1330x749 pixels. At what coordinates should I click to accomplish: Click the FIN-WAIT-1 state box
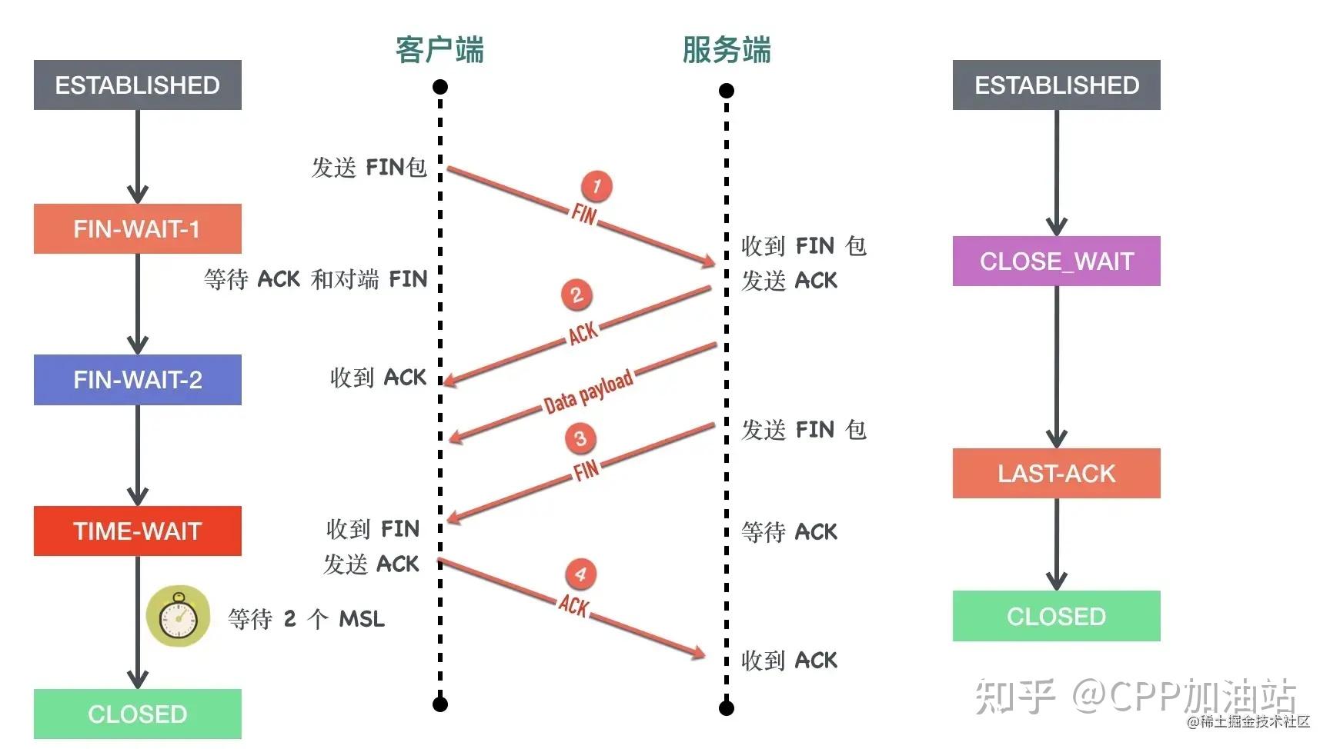138,228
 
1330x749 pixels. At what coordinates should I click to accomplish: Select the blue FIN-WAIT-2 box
138,380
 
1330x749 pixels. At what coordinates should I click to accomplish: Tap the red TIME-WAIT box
138,531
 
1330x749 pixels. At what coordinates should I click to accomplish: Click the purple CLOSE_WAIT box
1056,261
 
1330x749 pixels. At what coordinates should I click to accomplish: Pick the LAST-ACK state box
1056,474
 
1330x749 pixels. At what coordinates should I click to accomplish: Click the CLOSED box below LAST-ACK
1056,616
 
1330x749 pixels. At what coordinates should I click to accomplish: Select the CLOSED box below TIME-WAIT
138,714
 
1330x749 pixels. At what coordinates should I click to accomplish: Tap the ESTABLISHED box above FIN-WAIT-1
138,85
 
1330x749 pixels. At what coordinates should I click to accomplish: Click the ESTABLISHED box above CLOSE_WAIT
1056,85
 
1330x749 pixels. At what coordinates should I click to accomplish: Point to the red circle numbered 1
596,185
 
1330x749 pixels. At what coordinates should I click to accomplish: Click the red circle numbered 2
576,295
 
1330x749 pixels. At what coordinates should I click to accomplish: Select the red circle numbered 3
580,438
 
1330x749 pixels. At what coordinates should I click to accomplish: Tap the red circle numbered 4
581,574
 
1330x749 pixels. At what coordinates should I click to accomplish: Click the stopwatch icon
179,616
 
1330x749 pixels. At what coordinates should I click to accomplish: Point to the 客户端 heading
439,50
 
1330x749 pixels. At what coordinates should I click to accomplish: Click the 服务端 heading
727,50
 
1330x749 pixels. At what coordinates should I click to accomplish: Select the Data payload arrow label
589,391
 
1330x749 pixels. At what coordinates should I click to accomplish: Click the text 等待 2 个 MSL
306,618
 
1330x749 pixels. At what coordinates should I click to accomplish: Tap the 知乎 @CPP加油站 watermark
1136,695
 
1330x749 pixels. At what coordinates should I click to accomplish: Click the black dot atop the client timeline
440,86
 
